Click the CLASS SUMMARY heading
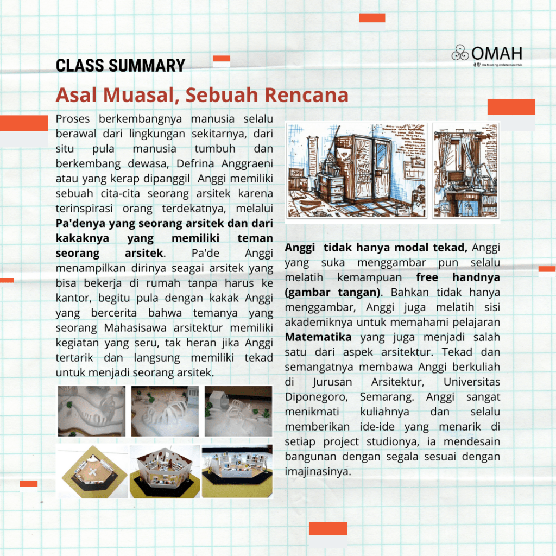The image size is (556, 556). pyautogui.click(x=120, y=66)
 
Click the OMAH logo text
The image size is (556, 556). pyautogui.click(x=497, y=53)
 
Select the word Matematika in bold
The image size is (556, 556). pyautogui.click(x=318, y=337)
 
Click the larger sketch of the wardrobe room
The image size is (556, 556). pyautogui.click(x=356, y=170)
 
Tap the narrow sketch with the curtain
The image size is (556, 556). pyautogui.click(x=465, y=170)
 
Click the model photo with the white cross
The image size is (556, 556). pyautogui.click(x=92, y=471)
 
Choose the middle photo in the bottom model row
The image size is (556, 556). pyautogui.click(x=165, y=471)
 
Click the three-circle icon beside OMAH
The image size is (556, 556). pyautogui.click(x=460, y=53)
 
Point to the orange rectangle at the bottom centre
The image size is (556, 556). pyautogui.click(x=327, y=528)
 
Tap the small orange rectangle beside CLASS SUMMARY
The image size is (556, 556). pyautogui.click(x=222, y=59)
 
